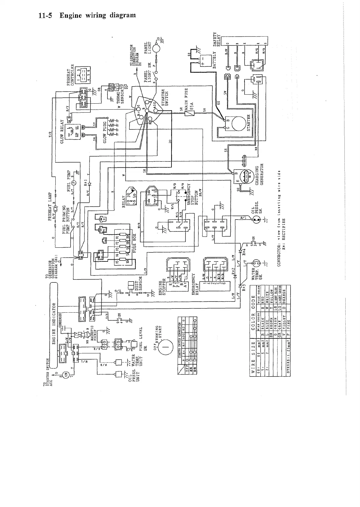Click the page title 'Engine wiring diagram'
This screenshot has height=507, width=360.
click(x=87, y=15)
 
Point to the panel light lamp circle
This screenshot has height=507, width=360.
click(x=156, y=48)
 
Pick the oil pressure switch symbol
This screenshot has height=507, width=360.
click(x=256, y=220)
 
